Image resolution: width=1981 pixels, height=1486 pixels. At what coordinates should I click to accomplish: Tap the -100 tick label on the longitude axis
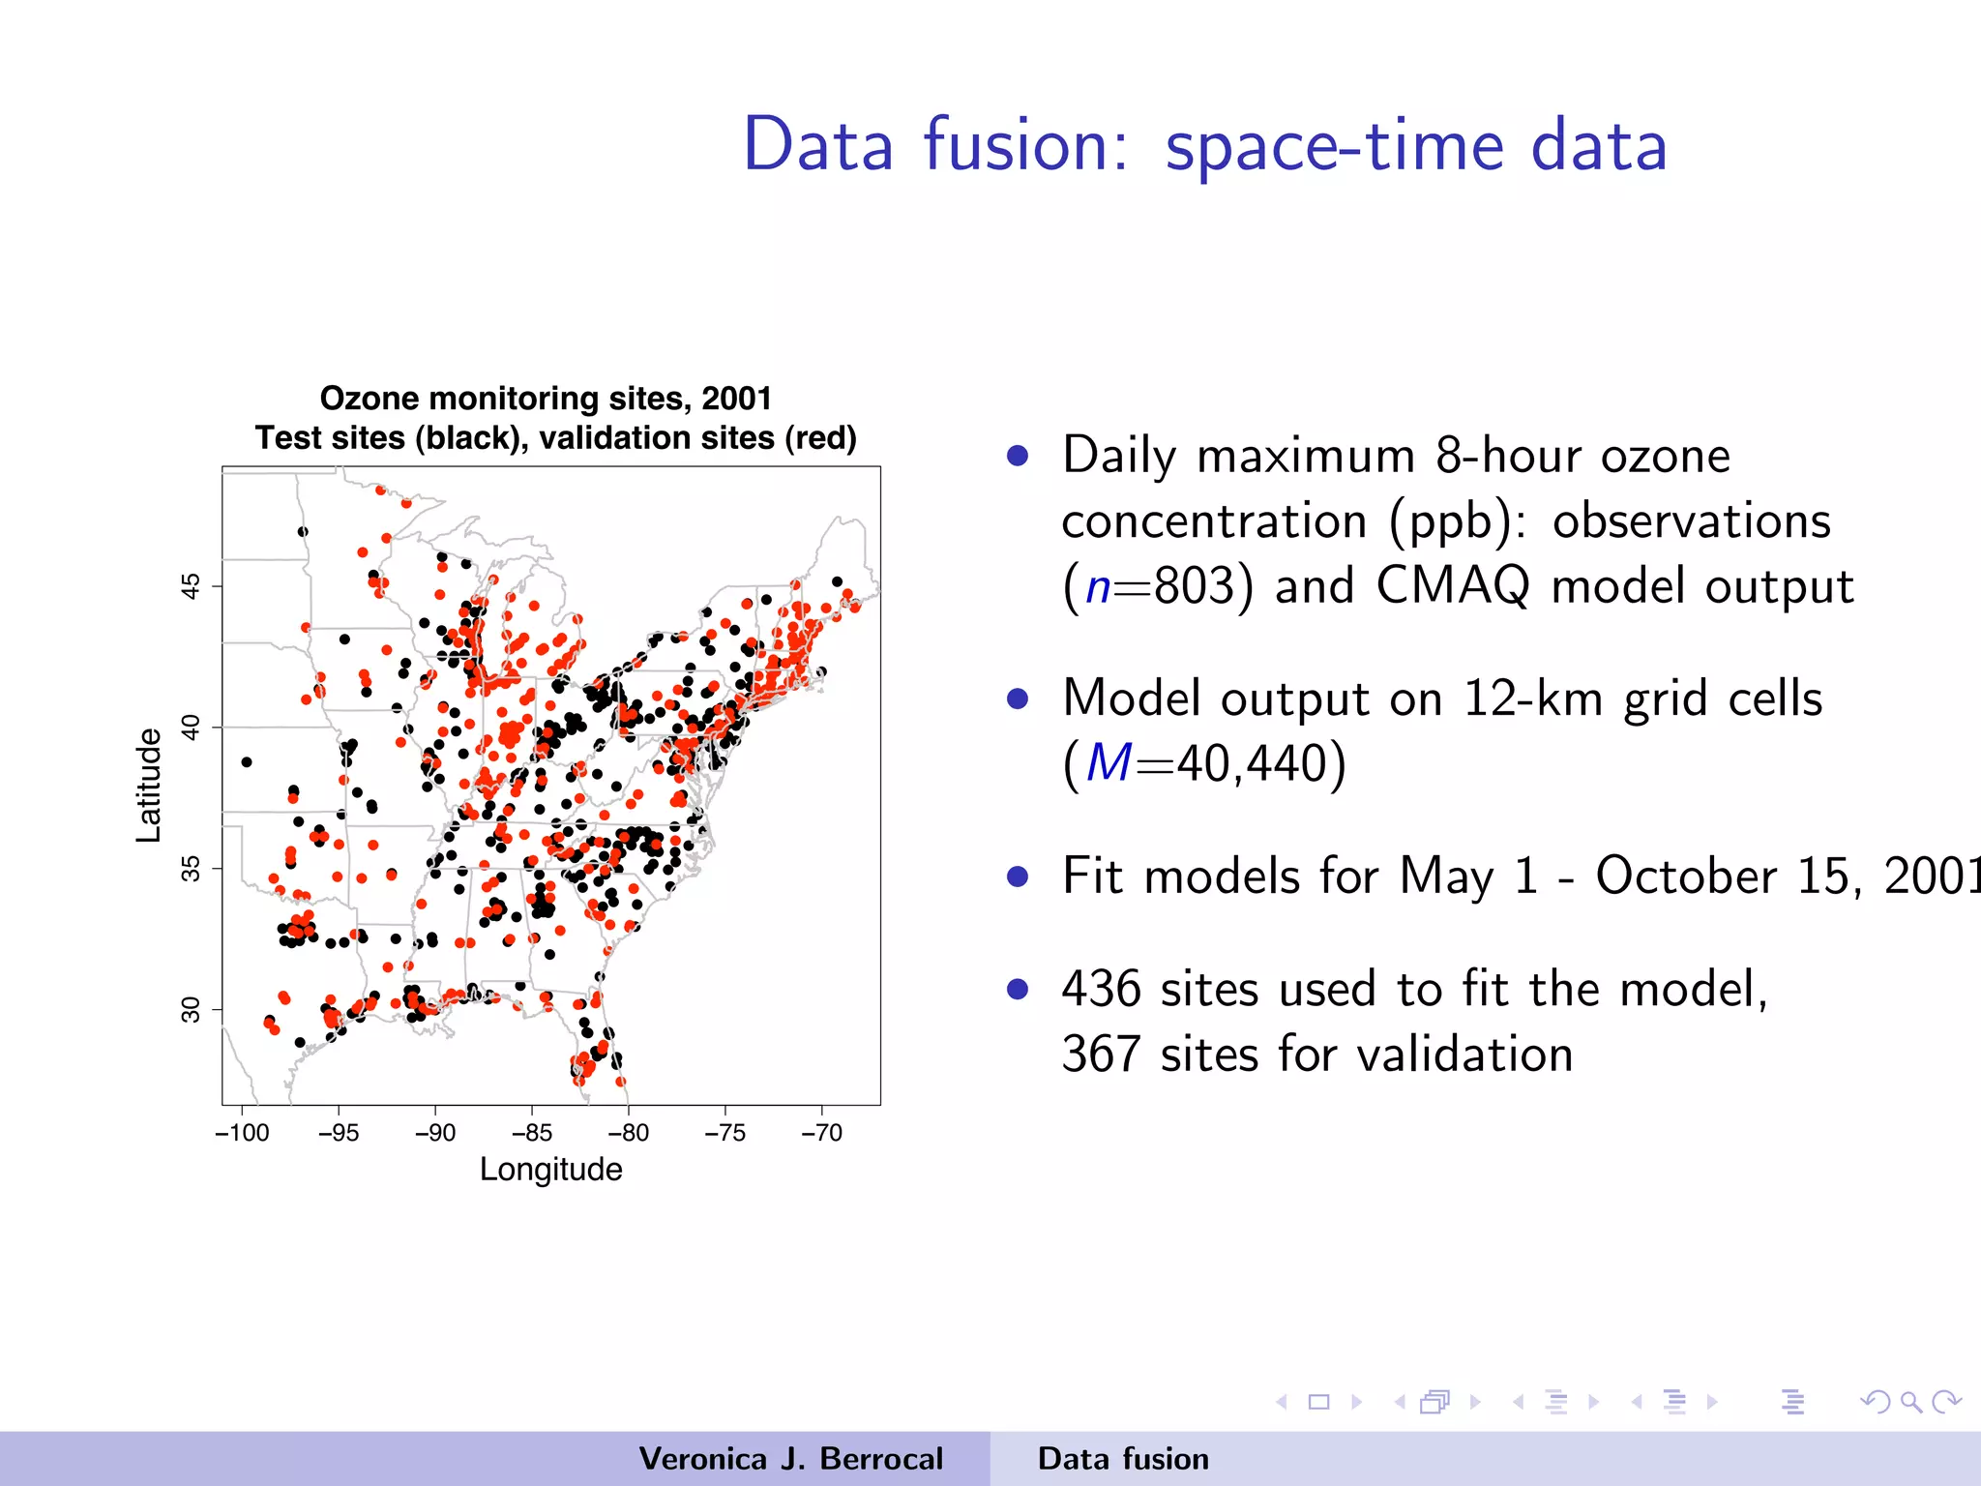click(242, 1133)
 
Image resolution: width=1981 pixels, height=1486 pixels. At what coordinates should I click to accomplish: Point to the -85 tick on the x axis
click(531, 1133)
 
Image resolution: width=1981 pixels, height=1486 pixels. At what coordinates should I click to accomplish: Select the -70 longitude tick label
click(821, 1133)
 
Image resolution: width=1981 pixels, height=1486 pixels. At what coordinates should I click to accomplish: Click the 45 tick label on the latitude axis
click(192, 586)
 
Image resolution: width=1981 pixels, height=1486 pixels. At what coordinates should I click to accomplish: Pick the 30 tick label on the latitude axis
click(192, 1010)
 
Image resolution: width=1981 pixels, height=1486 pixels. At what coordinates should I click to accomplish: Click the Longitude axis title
click(550, 1170)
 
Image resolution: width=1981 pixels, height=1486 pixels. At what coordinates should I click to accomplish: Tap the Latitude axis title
click(148, 786)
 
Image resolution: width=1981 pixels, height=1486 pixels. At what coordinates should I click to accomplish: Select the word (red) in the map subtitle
click(820, 438)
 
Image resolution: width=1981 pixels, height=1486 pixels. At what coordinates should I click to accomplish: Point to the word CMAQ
click(1454, 586)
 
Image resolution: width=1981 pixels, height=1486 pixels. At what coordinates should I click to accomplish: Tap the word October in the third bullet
click(1686, 877)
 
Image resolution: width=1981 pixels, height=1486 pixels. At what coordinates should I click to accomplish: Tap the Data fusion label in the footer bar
click(1123, 1459)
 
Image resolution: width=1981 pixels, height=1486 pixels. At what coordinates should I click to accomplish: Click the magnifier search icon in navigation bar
click(1910, 1402)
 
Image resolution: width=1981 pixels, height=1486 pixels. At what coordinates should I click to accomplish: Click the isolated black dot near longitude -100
click(247, 762)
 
